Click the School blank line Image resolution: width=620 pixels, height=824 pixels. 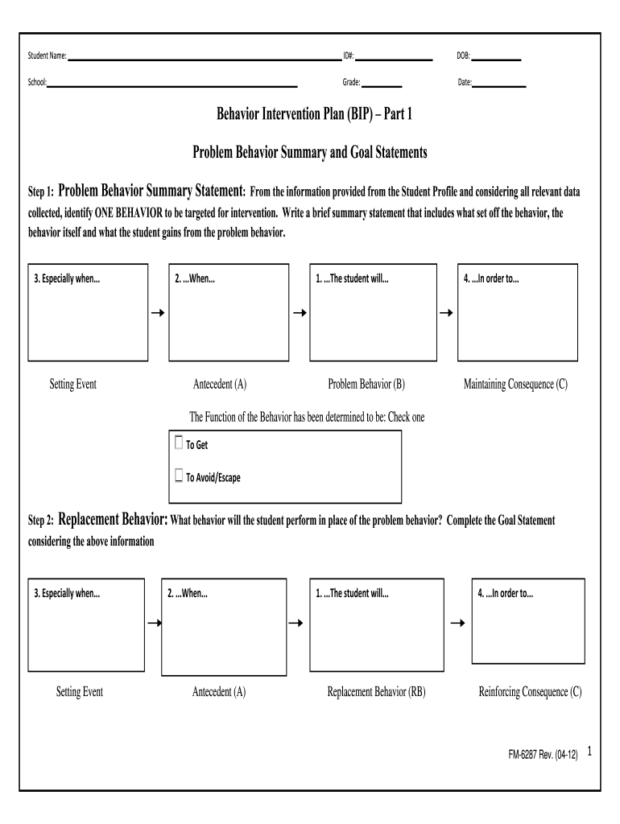(172, 84)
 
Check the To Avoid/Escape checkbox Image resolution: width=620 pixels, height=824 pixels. (179, 476)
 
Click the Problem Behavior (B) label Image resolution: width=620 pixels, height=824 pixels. (366, 385)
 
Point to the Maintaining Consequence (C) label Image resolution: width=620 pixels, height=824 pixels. (515, 385)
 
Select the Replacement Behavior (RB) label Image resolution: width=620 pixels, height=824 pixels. (376, 691)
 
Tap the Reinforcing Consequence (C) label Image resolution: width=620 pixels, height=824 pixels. (530, 691)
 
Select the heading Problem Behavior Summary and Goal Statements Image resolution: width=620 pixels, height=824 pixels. (309, 152)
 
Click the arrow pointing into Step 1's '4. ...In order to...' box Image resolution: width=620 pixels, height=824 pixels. (445, 312)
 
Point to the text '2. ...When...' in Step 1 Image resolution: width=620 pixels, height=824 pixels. (195, 279)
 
